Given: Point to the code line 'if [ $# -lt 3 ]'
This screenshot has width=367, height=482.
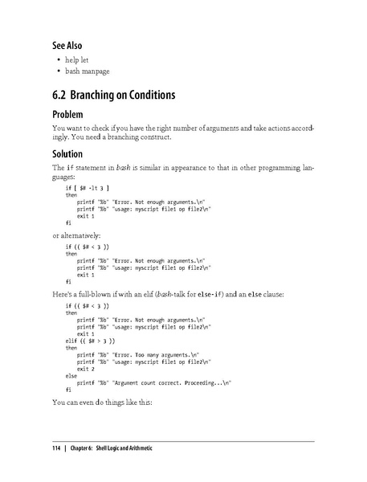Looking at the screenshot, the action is pyautogui.click(x=88, y=186).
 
